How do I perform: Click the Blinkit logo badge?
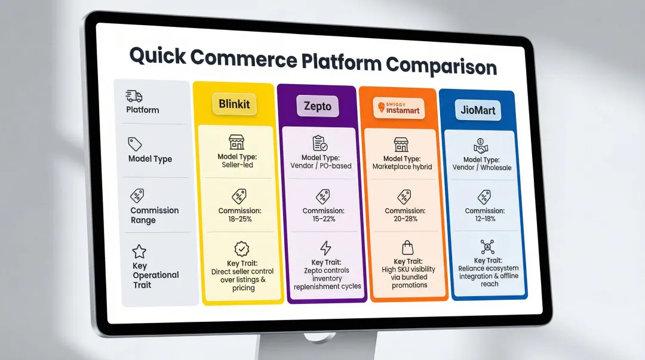point(234,104)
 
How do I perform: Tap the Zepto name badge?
point(317,107)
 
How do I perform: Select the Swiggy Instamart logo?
point(399,108)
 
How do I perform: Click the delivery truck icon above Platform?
point(134,96)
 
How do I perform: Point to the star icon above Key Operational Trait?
point(139,251)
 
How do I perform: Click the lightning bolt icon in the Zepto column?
point(325,248)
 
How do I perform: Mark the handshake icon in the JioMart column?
point(481,146)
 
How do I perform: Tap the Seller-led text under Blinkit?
point(237,165)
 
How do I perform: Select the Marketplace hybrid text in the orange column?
point(402,167)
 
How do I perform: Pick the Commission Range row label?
point(154,215)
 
